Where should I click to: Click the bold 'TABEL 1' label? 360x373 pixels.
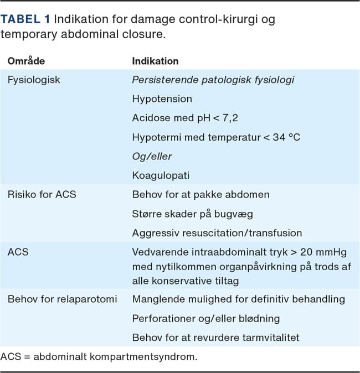coord(25,19)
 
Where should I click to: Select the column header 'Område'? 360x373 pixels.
coord(26,61)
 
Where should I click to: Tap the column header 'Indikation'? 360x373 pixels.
coord(155,61)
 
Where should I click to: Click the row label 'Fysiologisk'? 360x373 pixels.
coord(34,80)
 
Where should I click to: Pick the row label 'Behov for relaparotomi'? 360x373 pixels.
coord(62,299)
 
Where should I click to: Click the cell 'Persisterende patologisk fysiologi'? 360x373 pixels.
coord(213,80)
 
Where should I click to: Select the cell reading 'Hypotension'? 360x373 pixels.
coord(162,99)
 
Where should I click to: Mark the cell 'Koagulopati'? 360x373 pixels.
coord(161,175)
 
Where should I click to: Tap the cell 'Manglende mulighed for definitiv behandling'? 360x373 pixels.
coord(238,299)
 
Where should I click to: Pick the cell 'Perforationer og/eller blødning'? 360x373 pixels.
coord(214,318)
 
